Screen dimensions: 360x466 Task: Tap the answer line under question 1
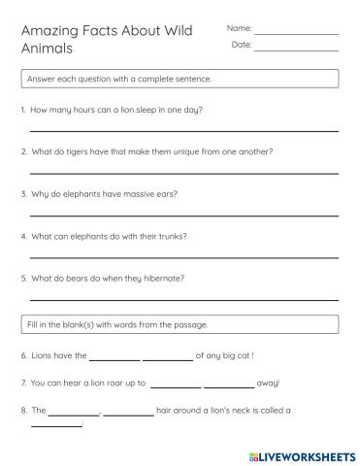point(184,130)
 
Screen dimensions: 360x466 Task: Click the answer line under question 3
point(184,215)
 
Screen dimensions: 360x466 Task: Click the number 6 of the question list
point(22,356)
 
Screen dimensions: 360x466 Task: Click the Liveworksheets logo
point(301,453)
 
